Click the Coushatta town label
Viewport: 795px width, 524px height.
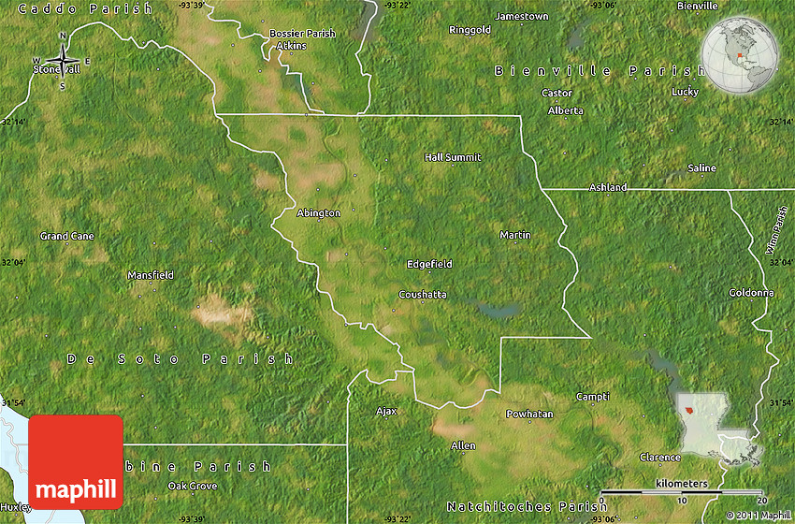coord(423,294)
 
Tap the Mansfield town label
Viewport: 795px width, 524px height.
coord(151,275)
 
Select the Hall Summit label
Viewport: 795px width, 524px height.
coord(453,157)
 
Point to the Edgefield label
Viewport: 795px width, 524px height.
coord(429,264)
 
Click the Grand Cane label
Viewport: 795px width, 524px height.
coord(67,236)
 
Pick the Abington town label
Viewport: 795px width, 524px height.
coord(319,212)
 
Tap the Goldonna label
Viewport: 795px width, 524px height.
coord(752,292)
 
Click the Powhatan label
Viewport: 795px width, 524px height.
coord(529,414)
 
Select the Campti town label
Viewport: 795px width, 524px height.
coord(593,396)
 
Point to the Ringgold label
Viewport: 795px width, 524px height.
coord(470,30)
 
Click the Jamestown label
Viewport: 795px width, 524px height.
coord(522,17)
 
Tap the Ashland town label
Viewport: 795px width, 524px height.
coord(608,187)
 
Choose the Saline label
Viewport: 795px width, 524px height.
coord(702,167)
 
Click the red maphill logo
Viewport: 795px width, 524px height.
coord(76,462)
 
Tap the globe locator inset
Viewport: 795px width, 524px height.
coord(740,55)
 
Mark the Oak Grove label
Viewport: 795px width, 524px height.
coord(192,486)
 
